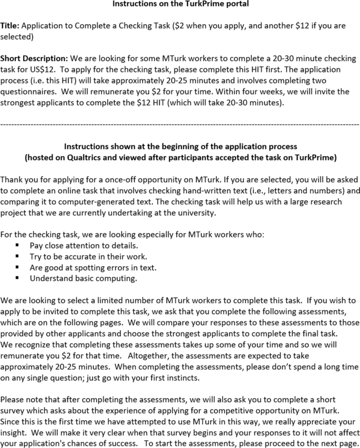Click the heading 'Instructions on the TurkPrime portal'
pos(180,4)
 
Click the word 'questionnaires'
pos(27,91)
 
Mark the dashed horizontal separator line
pos(180,124)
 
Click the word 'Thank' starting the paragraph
pos(12,179)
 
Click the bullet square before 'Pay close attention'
pos(17,245)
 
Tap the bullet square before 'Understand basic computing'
pos(17,278)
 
